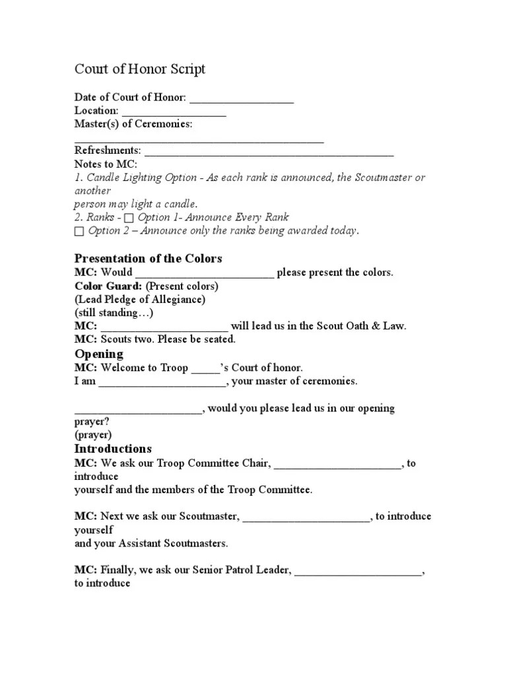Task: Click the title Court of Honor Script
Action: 139,69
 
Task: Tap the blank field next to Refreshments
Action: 269,152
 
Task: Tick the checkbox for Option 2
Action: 80,232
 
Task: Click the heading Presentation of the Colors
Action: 148,258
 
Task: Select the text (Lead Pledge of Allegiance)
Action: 140,300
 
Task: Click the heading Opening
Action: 98,354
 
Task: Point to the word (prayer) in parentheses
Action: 93,435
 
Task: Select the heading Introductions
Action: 113,449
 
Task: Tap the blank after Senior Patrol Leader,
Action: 357,570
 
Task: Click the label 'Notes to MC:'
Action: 106,164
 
